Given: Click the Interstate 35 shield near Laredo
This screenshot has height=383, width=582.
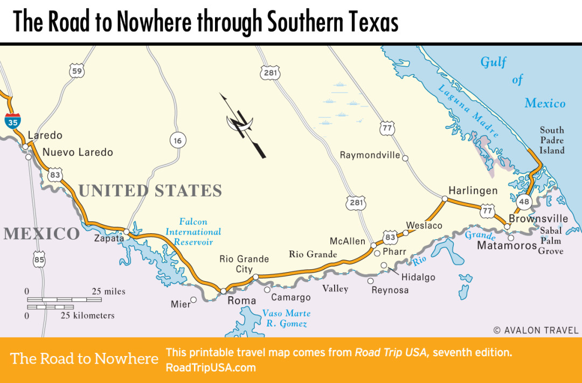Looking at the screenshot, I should (x=13, y=121).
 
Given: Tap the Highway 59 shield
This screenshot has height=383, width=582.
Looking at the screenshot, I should (x=77, y=71).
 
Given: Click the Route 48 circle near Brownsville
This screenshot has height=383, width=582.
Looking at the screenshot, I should (x=524, y=201).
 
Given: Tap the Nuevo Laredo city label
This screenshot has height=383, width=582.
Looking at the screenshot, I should (x=78, y=152).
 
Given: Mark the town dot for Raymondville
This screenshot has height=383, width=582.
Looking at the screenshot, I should (x=405, y=157).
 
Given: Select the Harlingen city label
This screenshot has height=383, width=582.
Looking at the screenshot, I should (x=473, y=191).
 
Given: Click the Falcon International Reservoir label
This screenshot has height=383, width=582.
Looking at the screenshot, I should (x=193, y=232).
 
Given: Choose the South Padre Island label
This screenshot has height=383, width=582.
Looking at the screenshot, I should (x=552, y=140).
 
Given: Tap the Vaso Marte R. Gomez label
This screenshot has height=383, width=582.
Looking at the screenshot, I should (x=286, y=318).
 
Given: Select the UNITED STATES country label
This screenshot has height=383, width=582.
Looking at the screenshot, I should (x=150, y=191).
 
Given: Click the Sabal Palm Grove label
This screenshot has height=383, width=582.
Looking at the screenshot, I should (x=551, y=241).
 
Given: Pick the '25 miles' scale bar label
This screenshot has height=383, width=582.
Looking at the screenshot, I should (x=108, y=291).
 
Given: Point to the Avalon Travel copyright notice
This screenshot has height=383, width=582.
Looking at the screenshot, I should (x=536, y=330).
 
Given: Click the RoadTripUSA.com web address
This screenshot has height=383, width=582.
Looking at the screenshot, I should (x=211, y=368).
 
